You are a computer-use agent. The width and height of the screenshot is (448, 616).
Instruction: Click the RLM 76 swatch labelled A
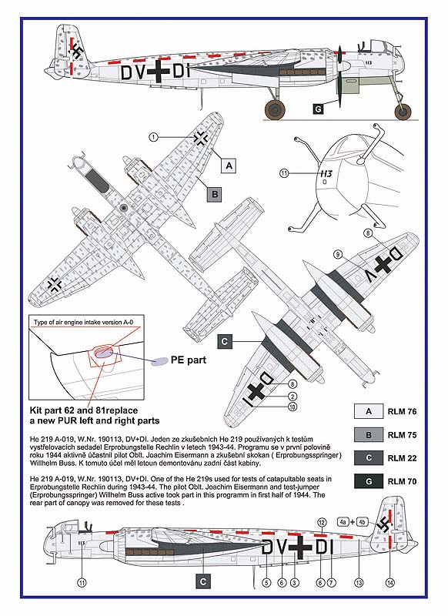pyautogui.click(x=368, y=411)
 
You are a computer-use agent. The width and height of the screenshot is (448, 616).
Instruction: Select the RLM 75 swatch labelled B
pyautogui.click(x=368, y=434)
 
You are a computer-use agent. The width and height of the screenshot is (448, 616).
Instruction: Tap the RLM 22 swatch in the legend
pyautogui.click(x=368, y=457)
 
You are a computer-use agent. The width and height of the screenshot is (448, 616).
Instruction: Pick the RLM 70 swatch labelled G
pyautogui.click(x=368, y=480)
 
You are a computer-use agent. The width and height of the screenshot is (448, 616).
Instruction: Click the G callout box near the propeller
pyautogui.click(x=318, y=109)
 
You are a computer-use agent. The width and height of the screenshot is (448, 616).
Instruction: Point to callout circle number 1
pyautogui.click(x=153, y=137)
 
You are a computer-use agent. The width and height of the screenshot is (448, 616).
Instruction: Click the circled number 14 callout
pyautogui.click(x=389, y=583)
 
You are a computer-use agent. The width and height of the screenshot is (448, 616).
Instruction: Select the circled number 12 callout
pyautogui.click(x=322, y=522)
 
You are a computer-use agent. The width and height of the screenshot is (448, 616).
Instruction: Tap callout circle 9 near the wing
pyautogui.click(x=338, y=254)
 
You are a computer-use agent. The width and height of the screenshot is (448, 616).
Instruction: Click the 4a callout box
pyautogui.click(x=343, y=522)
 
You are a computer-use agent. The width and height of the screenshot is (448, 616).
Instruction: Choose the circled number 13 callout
pyautogui.click(x=359, y=583)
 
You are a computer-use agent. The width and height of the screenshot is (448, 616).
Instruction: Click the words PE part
pyautogui.click(x=189, y=360)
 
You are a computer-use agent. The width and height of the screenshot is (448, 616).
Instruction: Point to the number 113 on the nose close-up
pyautogui.click(x=326, y=174)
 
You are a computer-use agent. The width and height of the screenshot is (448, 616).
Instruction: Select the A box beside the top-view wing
pyautogui.click(x=229, y=166)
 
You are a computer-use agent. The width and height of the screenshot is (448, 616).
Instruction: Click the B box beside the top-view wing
pyautogui.click(x=215, y=194)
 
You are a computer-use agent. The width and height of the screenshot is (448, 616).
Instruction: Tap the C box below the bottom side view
pyautogui.click(x=203, y=581)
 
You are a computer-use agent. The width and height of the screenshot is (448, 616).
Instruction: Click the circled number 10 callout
pyautogui.click(x=292, y=407)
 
